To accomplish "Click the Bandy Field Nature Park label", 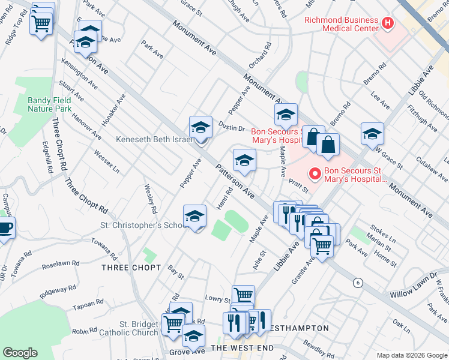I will click(49, 104).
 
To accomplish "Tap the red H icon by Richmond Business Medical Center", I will click(388, 24).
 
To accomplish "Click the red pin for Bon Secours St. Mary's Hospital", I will click(313, 175).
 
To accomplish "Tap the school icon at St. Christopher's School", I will click(194, 218).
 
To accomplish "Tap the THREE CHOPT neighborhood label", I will click(131, 267).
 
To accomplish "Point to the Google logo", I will click(20, 353).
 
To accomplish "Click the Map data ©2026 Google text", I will click(411, 355).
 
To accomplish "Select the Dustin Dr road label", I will click(232, 128).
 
